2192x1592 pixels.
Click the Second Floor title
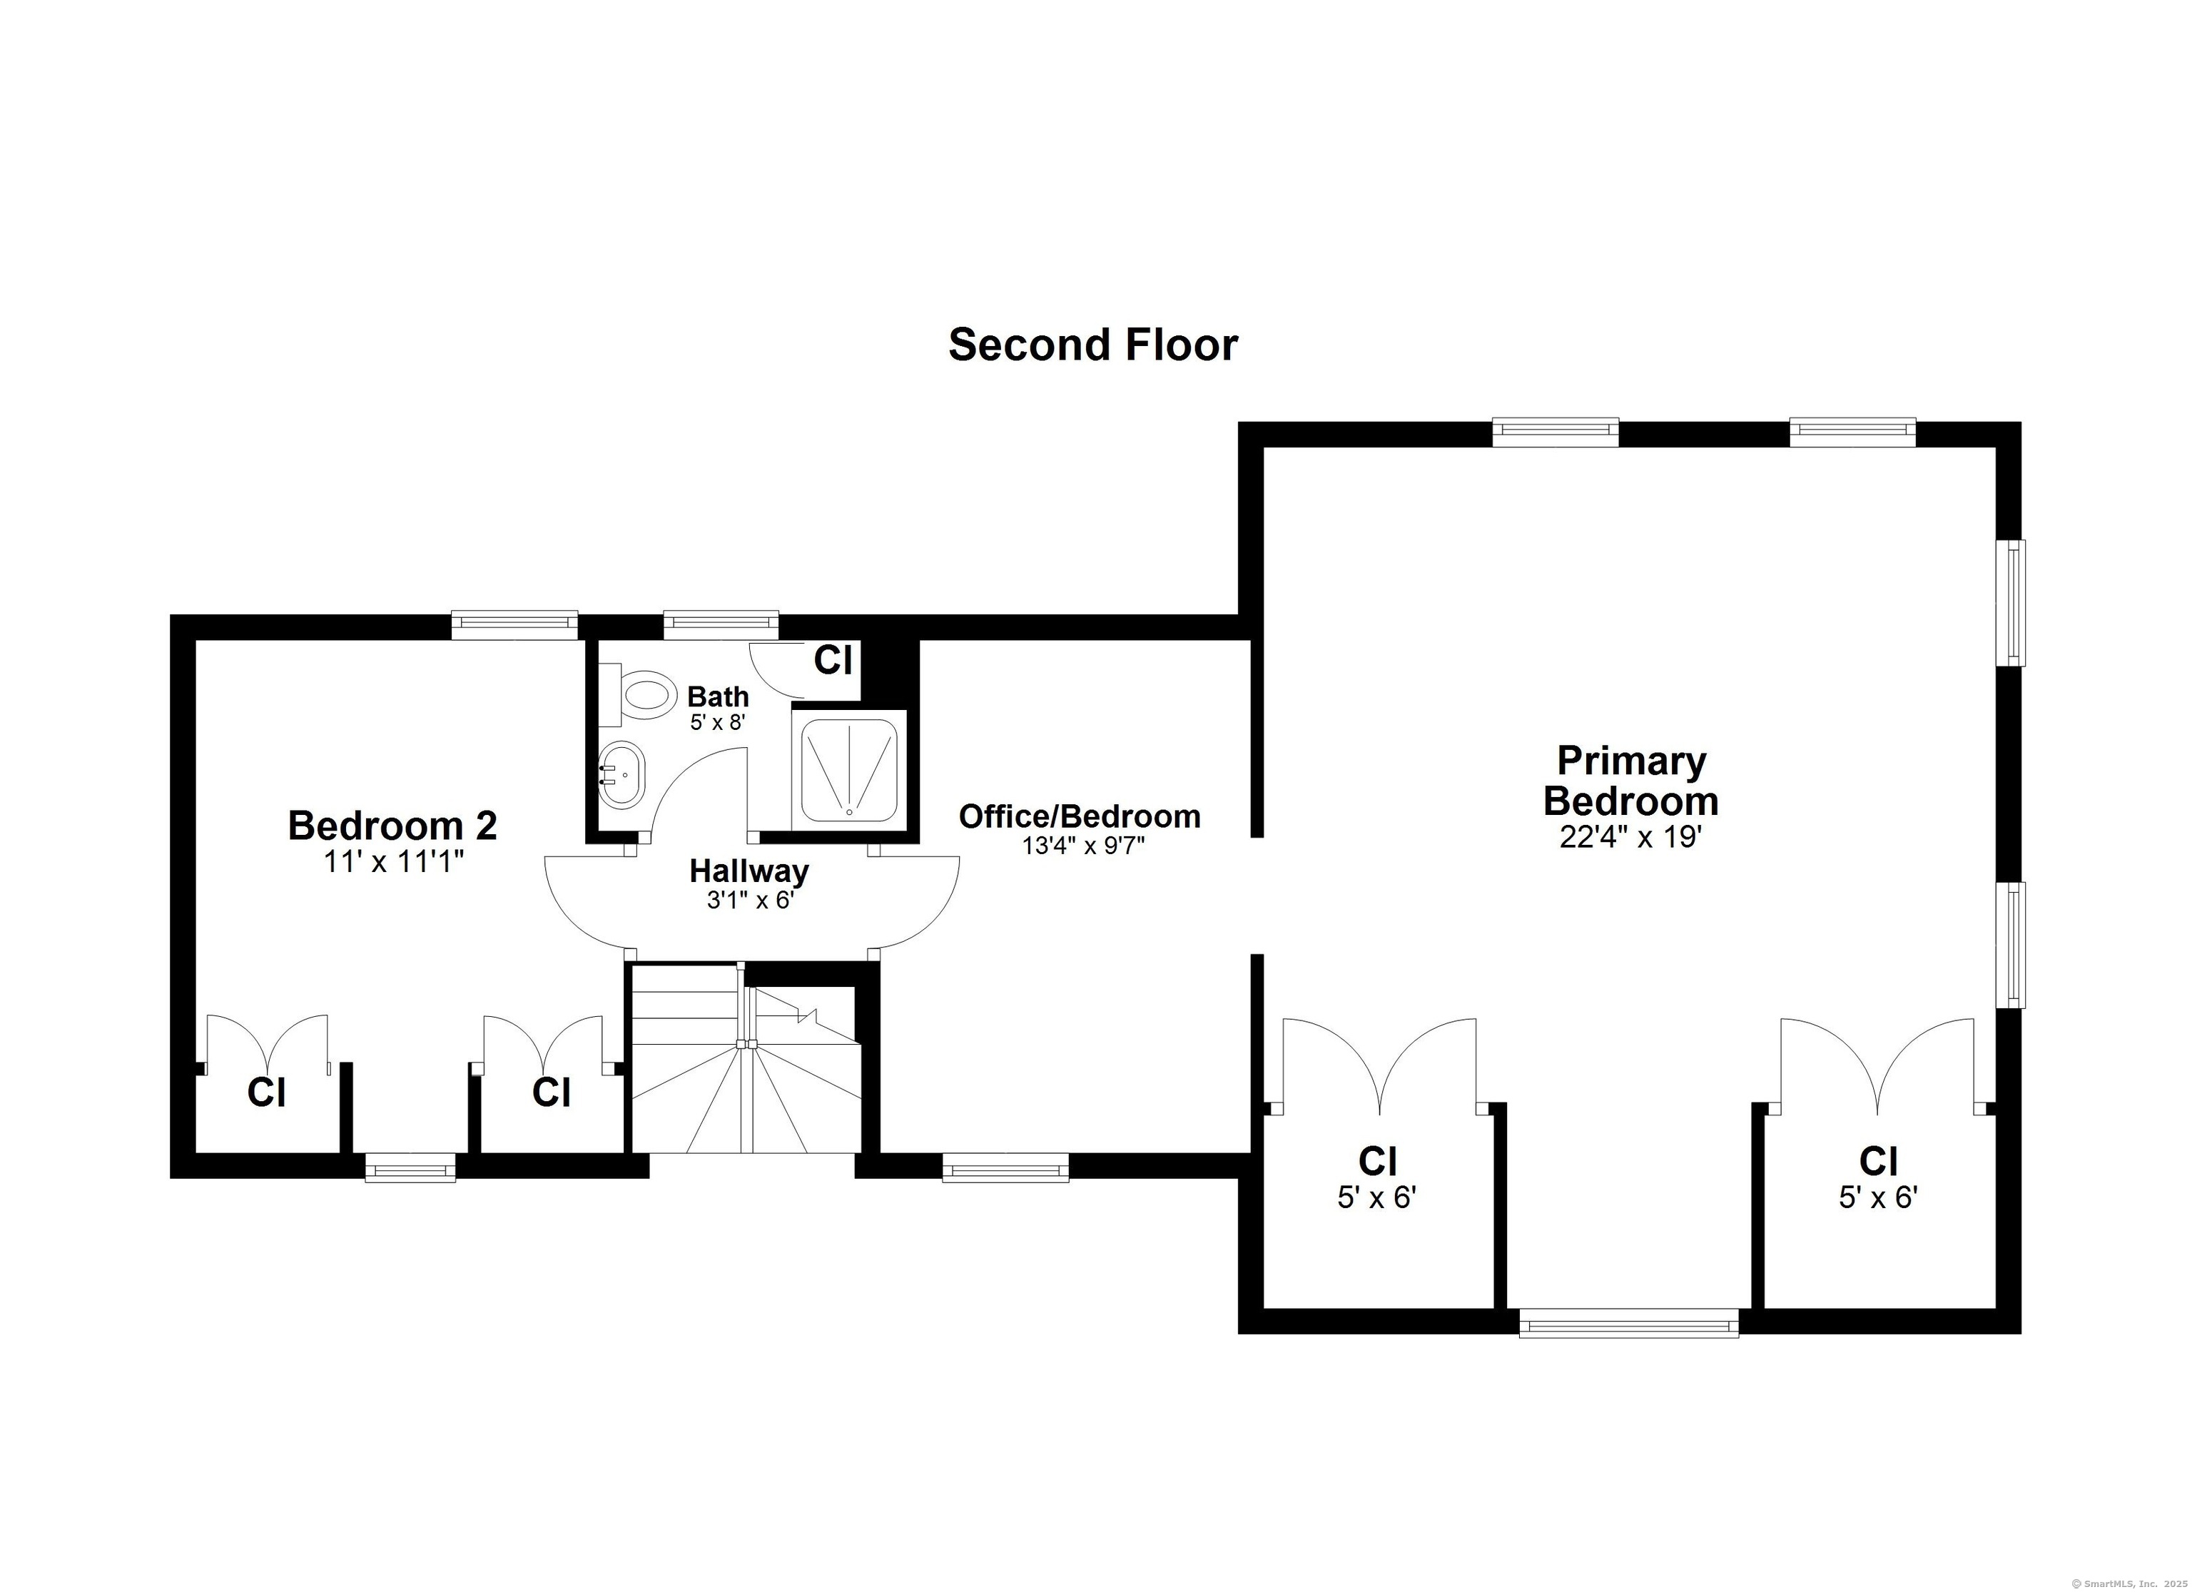click(x=1092, y=345)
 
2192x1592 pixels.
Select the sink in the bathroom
click(x=621, y=775)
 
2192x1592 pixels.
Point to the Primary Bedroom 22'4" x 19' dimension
click(x=1630, y=837)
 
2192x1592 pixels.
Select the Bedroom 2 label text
click(x=392, y=826)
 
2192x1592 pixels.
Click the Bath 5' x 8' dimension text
click(x=717, y=722)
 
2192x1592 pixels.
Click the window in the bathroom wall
click(x=720, y=624)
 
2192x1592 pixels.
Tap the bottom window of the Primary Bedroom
click(x=1628, y=1322)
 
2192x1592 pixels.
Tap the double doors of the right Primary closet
click(x=1876, y=1064)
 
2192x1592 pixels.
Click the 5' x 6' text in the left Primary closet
click(x=1376, y=1199)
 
